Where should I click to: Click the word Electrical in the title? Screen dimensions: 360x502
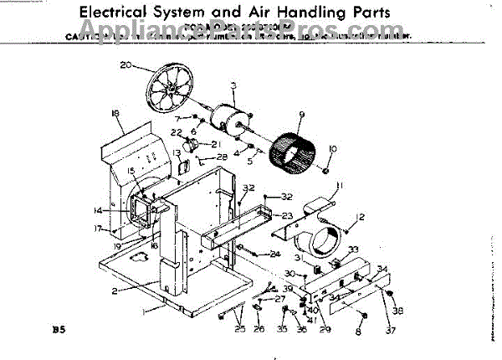point(115,13)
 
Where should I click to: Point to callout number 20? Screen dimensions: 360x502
point(125,64)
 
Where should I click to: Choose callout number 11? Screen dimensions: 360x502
point(339,186)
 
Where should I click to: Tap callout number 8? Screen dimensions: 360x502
point(359,333)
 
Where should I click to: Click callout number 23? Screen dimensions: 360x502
point(286,216)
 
